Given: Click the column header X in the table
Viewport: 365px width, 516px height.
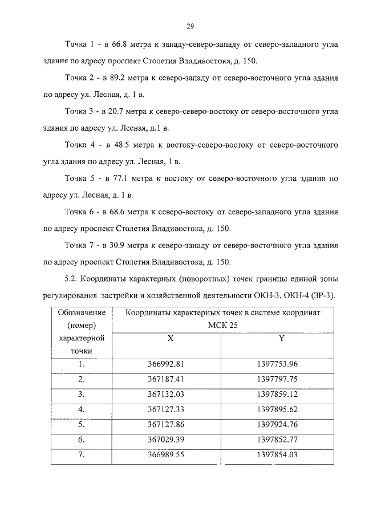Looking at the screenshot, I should tap(170, 338).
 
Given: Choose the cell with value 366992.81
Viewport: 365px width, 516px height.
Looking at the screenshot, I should tap(164, 363).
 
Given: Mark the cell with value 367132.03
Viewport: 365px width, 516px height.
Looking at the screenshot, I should tap(164, 393).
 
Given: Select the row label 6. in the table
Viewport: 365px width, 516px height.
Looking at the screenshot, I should tap(82, 440).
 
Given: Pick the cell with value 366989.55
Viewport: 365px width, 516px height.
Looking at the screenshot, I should tap(164, 454).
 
